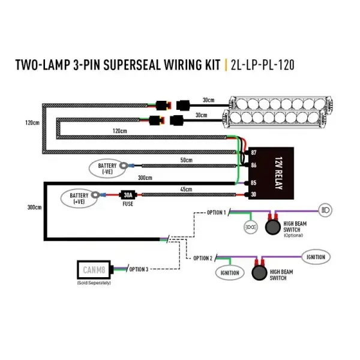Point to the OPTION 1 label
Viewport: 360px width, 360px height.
(216, 212)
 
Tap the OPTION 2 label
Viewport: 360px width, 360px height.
(202, 258)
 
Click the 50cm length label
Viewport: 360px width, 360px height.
(185, 160)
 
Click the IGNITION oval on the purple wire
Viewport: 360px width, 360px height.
(316, 257)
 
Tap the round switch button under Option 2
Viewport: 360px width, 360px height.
(260, 272)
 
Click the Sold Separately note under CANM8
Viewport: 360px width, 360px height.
(94, 283)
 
